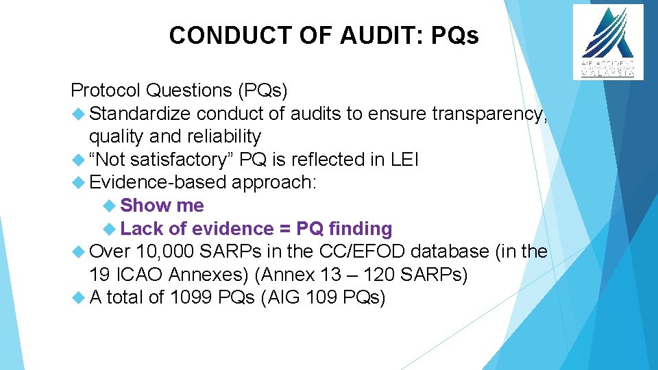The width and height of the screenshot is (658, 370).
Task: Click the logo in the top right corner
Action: pyautogui.click(x=608, y=42)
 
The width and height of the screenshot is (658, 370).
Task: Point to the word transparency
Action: pyautogui.click(x=489, y=114)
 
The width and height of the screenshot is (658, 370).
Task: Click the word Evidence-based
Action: pyautogui.click(x=159, y=183)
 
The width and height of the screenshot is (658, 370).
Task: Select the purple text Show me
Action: pyautogui.click(x=162, y=206)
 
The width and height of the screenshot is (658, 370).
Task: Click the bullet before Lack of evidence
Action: pyautogui.click(x=110, y=229)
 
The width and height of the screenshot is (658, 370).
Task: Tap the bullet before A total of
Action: pyautogui.click(x=77, y=298)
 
